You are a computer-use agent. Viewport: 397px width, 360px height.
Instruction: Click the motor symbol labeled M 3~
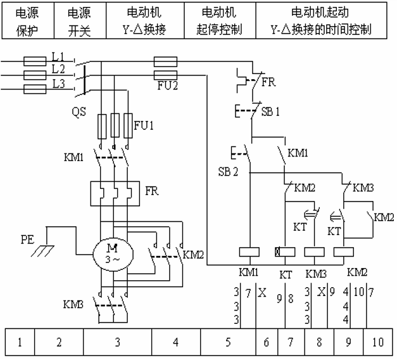tap(113, 254)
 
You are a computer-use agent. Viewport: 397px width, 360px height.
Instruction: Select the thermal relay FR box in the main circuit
tap(115, 193)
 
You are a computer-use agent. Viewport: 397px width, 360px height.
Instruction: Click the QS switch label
tap(79, 112)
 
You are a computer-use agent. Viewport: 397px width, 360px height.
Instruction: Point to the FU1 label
tap(144, 125)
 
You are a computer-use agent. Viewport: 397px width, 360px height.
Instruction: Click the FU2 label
tap(167, 86)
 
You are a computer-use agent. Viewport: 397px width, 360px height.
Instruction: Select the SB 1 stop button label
tap(270, 112)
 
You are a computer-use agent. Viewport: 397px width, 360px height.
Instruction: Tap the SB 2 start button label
tap(228, 172)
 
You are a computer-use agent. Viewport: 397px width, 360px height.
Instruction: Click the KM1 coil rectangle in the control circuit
tap(249, 252)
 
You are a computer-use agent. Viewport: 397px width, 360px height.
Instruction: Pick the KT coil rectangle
tap(285, 252)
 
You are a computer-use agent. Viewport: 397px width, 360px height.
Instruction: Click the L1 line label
tap(58, 56)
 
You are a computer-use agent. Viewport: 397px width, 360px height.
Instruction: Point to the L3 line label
tap(58, 84)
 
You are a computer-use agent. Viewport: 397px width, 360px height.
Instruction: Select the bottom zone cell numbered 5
tap(228, 342)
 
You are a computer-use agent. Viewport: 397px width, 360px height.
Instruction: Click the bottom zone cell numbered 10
tap(378, 342)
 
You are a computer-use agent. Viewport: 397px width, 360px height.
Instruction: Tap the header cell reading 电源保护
tap(28, 21)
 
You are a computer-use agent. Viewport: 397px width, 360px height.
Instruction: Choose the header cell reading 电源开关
tap(80, 21)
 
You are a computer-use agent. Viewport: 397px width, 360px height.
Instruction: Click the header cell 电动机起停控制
tap(220, 21)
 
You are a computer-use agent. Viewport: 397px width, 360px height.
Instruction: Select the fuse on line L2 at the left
tap(35, 75)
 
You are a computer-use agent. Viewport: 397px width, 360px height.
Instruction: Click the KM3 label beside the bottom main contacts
tap(73, 304)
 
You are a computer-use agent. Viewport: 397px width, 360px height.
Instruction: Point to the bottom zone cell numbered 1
tap(20, 342)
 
